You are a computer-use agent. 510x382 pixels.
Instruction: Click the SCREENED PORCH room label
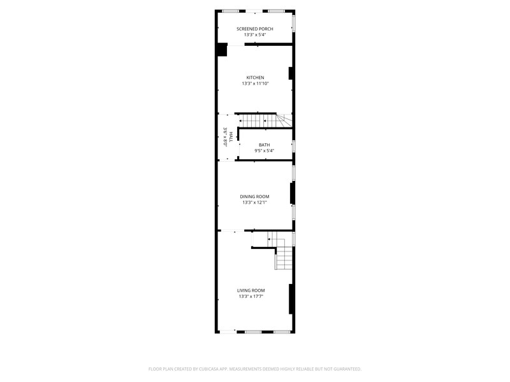coord(255,29)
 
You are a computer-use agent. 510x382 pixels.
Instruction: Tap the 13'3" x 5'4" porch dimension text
coord(255,35)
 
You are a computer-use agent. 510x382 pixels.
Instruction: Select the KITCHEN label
coord(255,78)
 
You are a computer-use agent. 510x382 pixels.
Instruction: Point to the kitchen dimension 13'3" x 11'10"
coord(255,84)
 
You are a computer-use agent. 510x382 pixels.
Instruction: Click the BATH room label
coord(264,145)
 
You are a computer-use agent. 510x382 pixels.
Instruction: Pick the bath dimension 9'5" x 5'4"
coord(264,151)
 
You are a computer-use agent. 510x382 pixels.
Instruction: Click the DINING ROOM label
coord(255,197)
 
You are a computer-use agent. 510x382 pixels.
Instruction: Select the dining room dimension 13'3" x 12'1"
coord(255,203)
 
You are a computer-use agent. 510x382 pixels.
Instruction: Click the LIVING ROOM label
coord(251,290)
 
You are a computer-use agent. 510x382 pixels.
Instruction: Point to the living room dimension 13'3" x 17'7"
coord(251,297)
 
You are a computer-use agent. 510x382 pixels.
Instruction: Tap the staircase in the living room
coord(283,258)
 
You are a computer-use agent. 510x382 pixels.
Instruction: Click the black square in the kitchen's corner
coord(222,50)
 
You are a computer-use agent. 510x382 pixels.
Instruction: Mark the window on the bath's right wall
coord(293,146)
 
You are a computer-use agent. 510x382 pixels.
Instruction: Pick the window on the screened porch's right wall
coord(293,22)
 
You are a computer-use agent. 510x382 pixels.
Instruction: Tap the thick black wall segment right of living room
coord(291,299)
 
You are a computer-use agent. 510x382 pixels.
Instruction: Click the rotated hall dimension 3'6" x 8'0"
coord(225,137)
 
